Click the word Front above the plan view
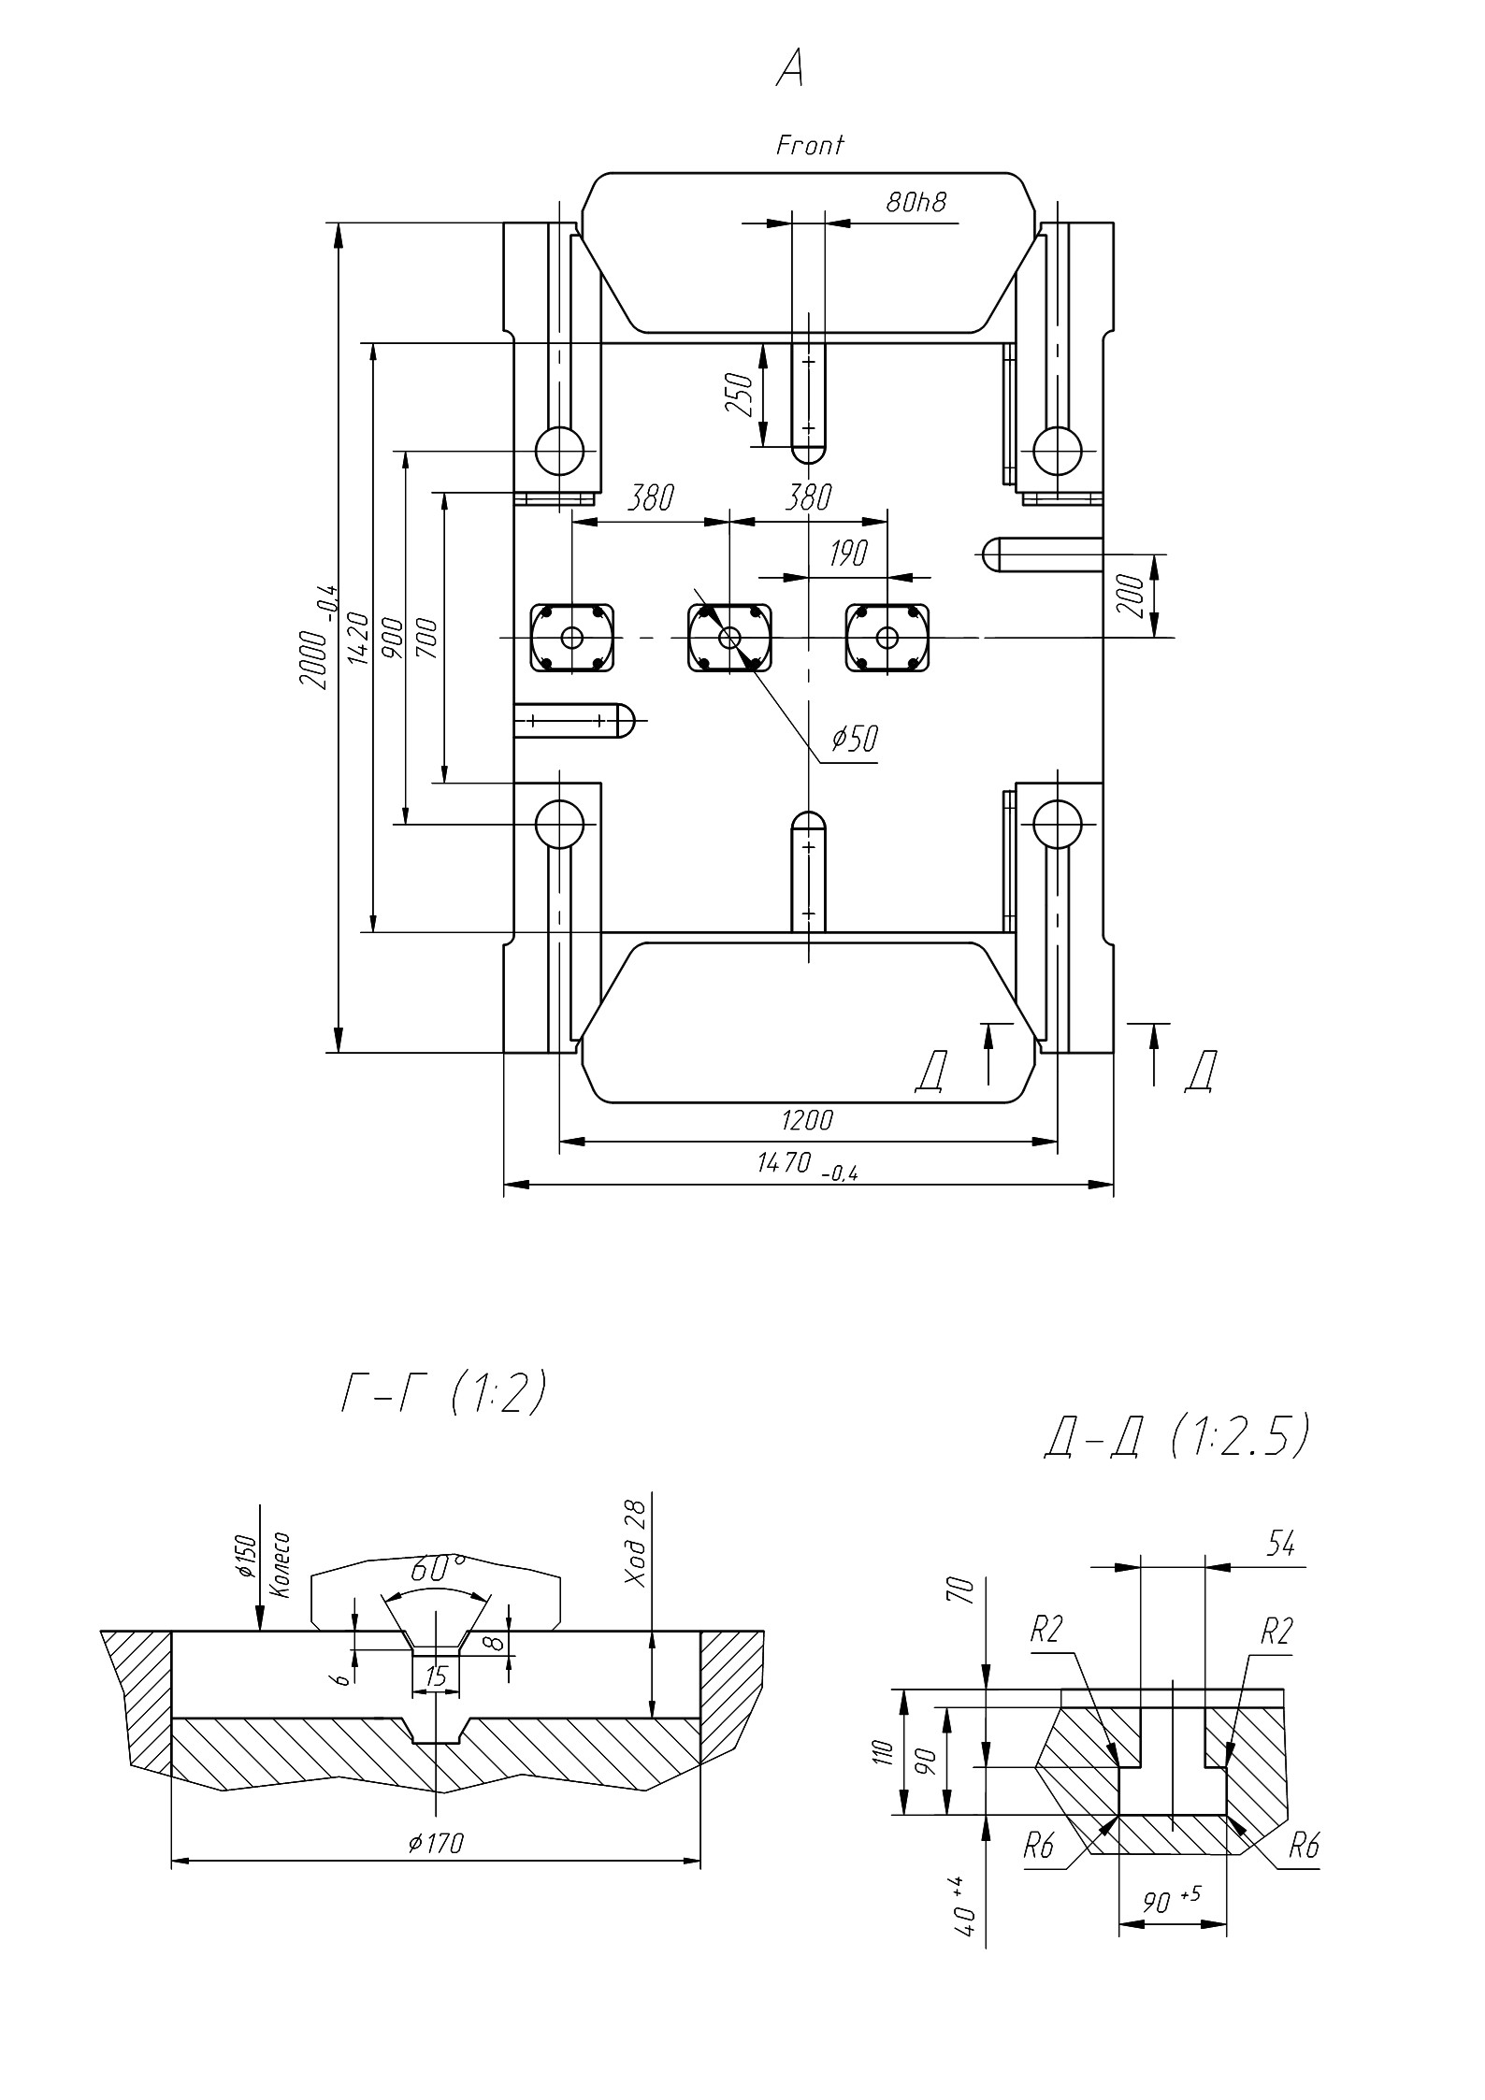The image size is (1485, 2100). pos(810,145)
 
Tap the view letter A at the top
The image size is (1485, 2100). pos(790,69)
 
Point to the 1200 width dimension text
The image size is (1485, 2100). pos(806,1119)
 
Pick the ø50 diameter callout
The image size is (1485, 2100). pos(855,739)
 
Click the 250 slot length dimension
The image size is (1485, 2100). pos(740,395)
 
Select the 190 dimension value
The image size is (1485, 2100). pos(848,553)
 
